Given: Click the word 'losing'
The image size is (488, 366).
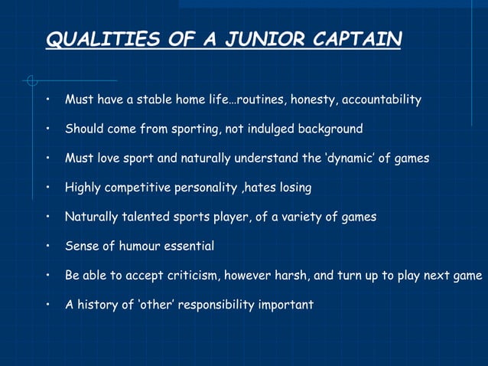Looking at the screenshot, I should [294, 188].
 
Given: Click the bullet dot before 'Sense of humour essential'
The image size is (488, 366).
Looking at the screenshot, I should [47, 247].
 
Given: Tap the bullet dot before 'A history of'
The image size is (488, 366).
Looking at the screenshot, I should [47, 305].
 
